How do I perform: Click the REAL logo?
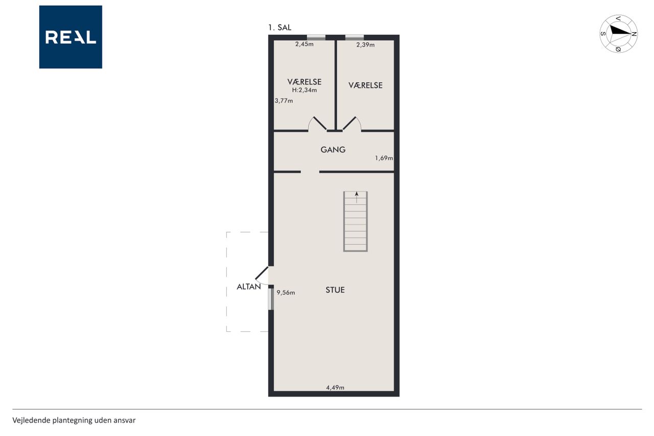pos(71,37)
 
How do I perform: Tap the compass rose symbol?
pos(618,34)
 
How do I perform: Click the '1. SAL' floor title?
pos(279,28)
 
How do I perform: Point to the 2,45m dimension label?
pos(304,44)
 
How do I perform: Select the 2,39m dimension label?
pos(365,44)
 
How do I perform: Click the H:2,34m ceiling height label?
pos(304,90)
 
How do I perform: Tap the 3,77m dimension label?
pos(284,101)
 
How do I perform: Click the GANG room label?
pos(333,150)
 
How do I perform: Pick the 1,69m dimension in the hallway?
pos(384,158)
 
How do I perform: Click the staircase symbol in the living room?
pos(355,221)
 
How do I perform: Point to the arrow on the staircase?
pos(357,197)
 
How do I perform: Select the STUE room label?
pos(335,290)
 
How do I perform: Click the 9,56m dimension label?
pos(286,292)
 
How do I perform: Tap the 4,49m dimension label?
pos(335,387)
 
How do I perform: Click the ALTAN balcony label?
pos(249,287)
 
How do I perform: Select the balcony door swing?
pos(262,276)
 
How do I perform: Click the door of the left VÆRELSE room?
pos(317,124)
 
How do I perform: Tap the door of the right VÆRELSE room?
pos(352,124)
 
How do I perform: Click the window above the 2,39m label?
pos(355,37)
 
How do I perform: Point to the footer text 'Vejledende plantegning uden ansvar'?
pos(74,420)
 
